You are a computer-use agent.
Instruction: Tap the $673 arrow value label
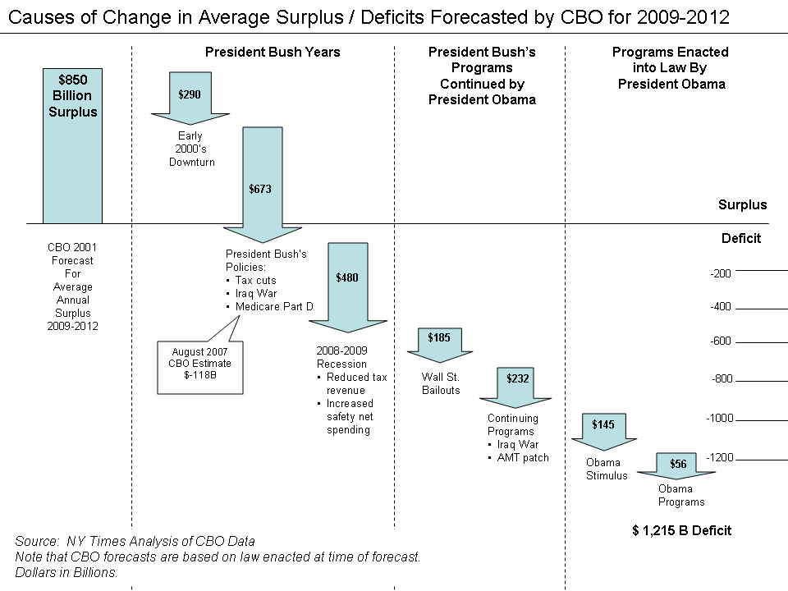[x=260, y=189]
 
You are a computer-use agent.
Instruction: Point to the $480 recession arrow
[x=347, y=279]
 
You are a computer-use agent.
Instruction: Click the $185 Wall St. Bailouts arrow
[x=439, y=340]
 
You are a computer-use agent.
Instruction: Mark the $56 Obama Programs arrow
[x=678, y=465]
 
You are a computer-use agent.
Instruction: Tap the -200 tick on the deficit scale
[x=720, y=273]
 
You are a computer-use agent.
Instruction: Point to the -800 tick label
[x=722, y=379]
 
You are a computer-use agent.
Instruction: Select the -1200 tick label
[x=720, y=457]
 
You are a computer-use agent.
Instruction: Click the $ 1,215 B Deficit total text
[x=681, y=530]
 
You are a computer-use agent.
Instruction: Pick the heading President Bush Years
[x=273, y=52]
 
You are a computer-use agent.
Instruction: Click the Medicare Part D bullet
[x=274, y=306]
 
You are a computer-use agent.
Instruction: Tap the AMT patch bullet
[x=521, y=457]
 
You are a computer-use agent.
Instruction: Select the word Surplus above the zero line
[x=742, y=205]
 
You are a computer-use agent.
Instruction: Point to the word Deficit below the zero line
[x=740, y=239]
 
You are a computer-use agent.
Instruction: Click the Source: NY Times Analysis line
[x=135, y=541]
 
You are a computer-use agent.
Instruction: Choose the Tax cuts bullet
[x=255, y=280]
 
